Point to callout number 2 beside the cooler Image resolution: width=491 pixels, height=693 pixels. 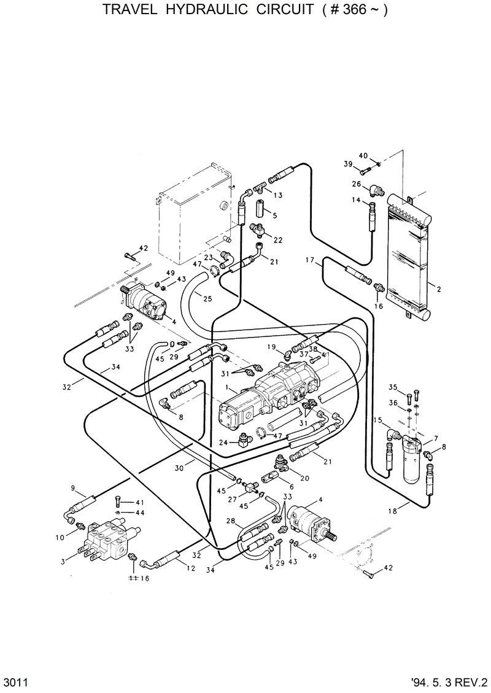pos(438,287)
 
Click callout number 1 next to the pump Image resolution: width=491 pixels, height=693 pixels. pos(228,389)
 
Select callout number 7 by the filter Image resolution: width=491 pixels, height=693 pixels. pos(435,438)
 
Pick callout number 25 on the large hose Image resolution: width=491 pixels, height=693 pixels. pos(207,298)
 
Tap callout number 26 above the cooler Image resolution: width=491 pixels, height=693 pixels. pos(356,184)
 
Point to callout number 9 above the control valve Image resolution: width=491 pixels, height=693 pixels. pos(74,488)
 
